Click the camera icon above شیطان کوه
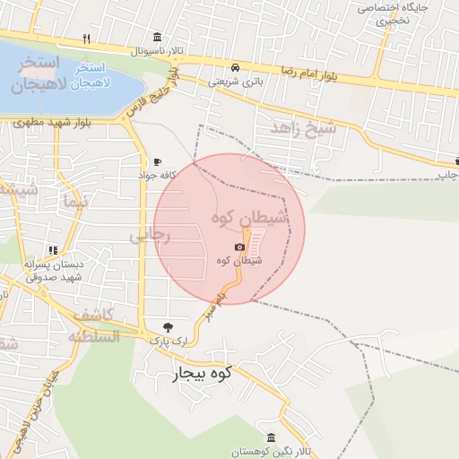(x=240, y=247)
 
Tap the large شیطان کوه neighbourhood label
(x=249, y=218)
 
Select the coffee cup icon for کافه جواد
(x=158, y=161)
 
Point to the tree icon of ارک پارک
(x=169, y=327)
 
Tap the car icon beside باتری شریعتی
(x=234, y=67)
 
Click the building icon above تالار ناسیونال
(x=158, y=37)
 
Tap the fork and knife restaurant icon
(x=86, y=39)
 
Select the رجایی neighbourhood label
(x=149, y=236)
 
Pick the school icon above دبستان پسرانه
(x=53, y=250)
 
